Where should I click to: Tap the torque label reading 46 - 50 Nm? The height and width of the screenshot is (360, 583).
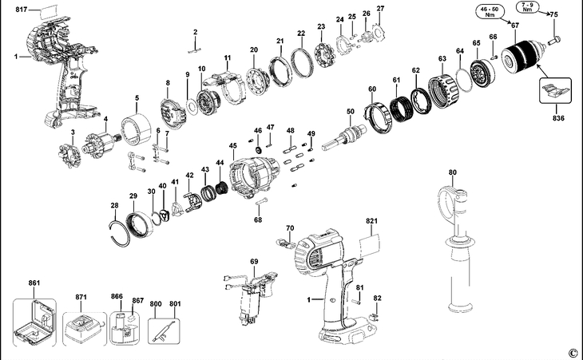click(489, 10)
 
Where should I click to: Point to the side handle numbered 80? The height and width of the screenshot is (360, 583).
click(459, 247)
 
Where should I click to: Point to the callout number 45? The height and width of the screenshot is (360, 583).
click(232, 146)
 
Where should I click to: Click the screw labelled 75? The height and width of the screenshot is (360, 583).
click(557, 38)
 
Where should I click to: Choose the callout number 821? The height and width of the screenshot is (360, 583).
click(371, 220)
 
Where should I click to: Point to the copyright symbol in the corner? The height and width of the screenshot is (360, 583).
click(573, 353)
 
